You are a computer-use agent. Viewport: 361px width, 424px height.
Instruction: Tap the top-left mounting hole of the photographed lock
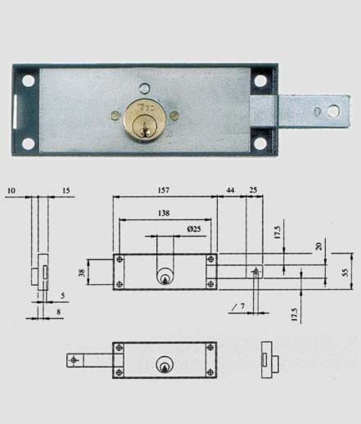pyautogui.click(x=29, y=81)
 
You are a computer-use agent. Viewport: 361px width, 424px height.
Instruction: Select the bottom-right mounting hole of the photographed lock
pyautogui.click(x=260, y=143)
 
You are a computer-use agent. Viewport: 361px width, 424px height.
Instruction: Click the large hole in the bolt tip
pyautogui.click(x=332, y=111)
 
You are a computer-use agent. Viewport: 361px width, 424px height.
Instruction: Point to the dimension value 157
pyautogui.click(x=164, y=190)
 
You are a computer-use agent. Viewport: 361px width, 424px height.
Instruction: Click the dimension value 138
pyautogui.click(x=164, y=213)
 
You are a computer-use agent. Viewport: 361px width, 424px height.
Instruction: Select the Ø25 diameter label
pyautogui.click(x=194, y=228)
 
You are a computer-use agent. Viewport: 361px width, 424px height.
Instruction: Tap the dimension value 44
pyautogui.click(x=231, y=190)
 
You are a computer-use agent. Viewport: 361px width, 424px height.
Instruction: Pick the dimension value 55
pyautogui.click(x=345, y=273)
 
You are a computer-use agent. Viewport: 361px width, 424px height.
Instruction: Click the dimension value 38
pyautogui.click(x=82, y=273)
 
